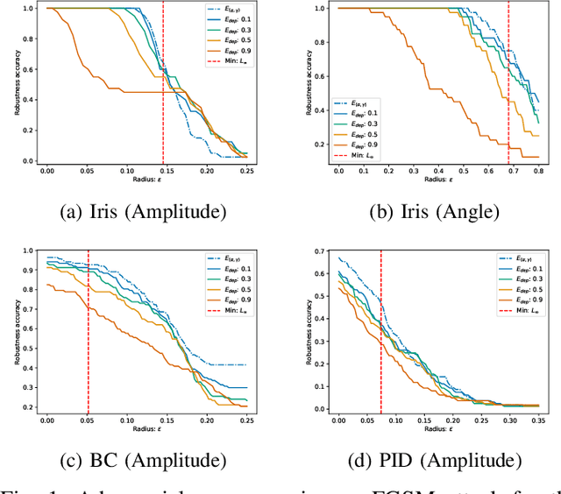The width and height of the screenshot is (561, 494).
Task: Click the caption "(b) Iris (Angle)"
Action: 424,213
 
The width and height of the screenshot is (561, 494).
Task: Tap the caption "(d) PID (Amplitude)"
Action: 424,461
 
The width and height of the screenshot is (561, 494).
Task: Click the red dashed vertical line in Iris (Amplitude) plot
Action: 163,88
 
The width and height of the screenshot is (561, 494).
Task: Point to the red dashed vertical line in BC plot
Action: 89,333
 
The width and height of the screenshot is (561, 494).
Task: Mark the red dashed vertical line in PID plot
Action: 380,333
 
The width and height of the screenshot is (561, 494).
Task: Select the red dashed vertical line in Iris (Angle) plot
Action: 508,88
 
